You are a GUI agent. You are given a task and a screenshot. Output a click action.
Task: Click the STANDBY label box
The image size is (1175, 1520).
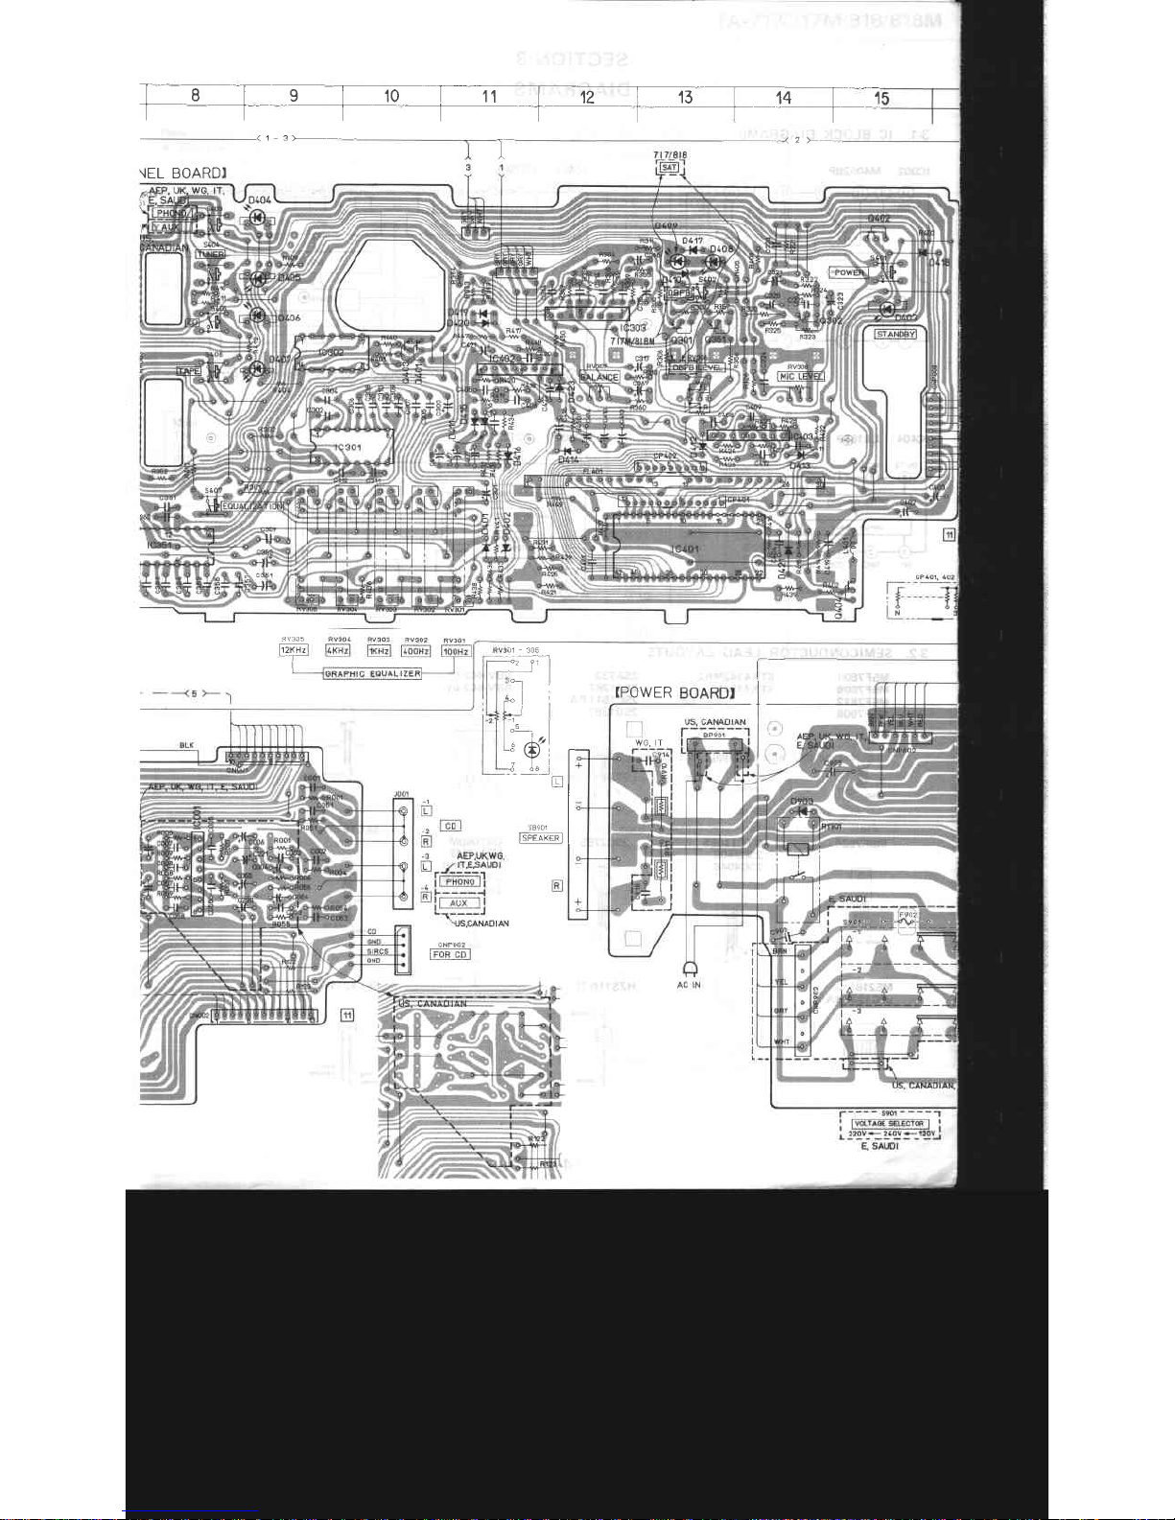tap(896, 334)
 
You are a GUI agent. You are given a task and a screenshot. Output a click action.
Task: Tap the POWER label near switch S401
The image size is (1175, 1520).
tap(849, 272)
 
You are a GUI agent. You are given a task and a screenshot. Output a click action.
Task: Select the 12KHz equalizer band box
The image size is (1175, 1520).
tap(294, 651)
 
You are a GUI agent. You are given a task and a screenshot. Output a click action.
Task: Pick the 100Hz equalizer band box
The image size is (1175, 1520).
tap(455, 651)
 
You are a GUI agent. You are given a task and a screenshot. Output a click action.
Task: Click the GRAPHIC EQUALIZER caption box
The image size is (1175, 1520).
tap(372, 673)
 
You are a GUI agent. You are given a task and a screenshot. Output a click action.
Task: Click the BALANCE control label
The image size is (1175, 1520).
tap(599, 378)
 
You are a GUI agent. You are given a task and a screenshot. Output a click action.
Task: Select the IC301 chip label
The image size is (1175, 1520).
tap(347, 447)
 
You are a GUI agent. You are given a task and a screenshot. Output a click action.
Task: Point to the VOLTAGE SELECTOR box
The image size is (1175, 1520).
tap(891, 1123)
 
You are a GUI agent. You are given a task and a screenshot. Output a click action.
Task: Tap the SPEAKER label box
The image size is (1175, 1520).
tap(541, 837)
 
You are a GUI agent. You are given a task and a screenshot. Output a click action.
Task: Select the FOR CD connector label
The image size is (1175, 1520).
tap(450, 954)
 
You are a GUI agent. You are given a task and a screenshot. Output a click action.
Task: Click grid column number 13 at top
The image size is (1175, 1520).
tap(685, 97)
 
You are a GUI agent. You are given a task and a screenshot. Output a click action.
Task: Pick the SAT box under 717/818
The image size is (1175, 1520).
tap(670, 168)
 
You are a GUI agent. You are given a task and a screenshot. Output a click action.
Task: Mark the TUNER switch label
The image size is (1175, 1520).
tap(211, 254)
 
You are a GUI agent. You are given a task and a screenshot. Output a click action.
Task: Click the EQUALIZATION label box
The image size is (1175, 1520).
tap(253, 505)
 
